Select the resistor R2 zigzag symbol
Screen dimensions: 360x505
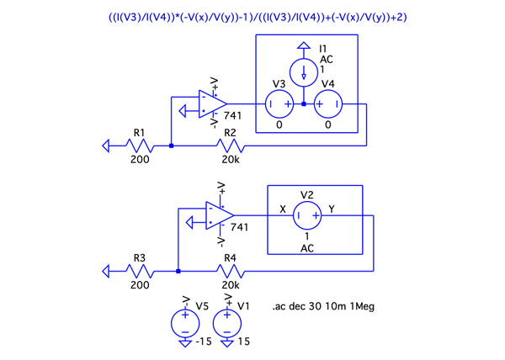tap(230, 146)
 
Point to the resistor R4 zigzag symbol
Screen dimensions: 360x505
tap(230, 271)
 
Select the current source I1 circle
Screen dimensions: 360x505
tap(305, 71)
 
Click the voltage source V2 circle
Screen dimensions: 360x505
tap(307, 215)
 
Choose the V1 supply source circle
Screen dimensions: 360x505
tap(226, 325)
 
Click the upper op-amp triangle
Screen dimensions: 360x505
tap(211, 104)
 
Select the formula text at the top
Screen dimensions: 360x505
tap(252, 17)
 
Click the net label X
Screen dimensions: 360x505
tap(284, 208)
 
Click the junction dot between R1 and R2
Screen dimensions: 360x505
tap(171, 146)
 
